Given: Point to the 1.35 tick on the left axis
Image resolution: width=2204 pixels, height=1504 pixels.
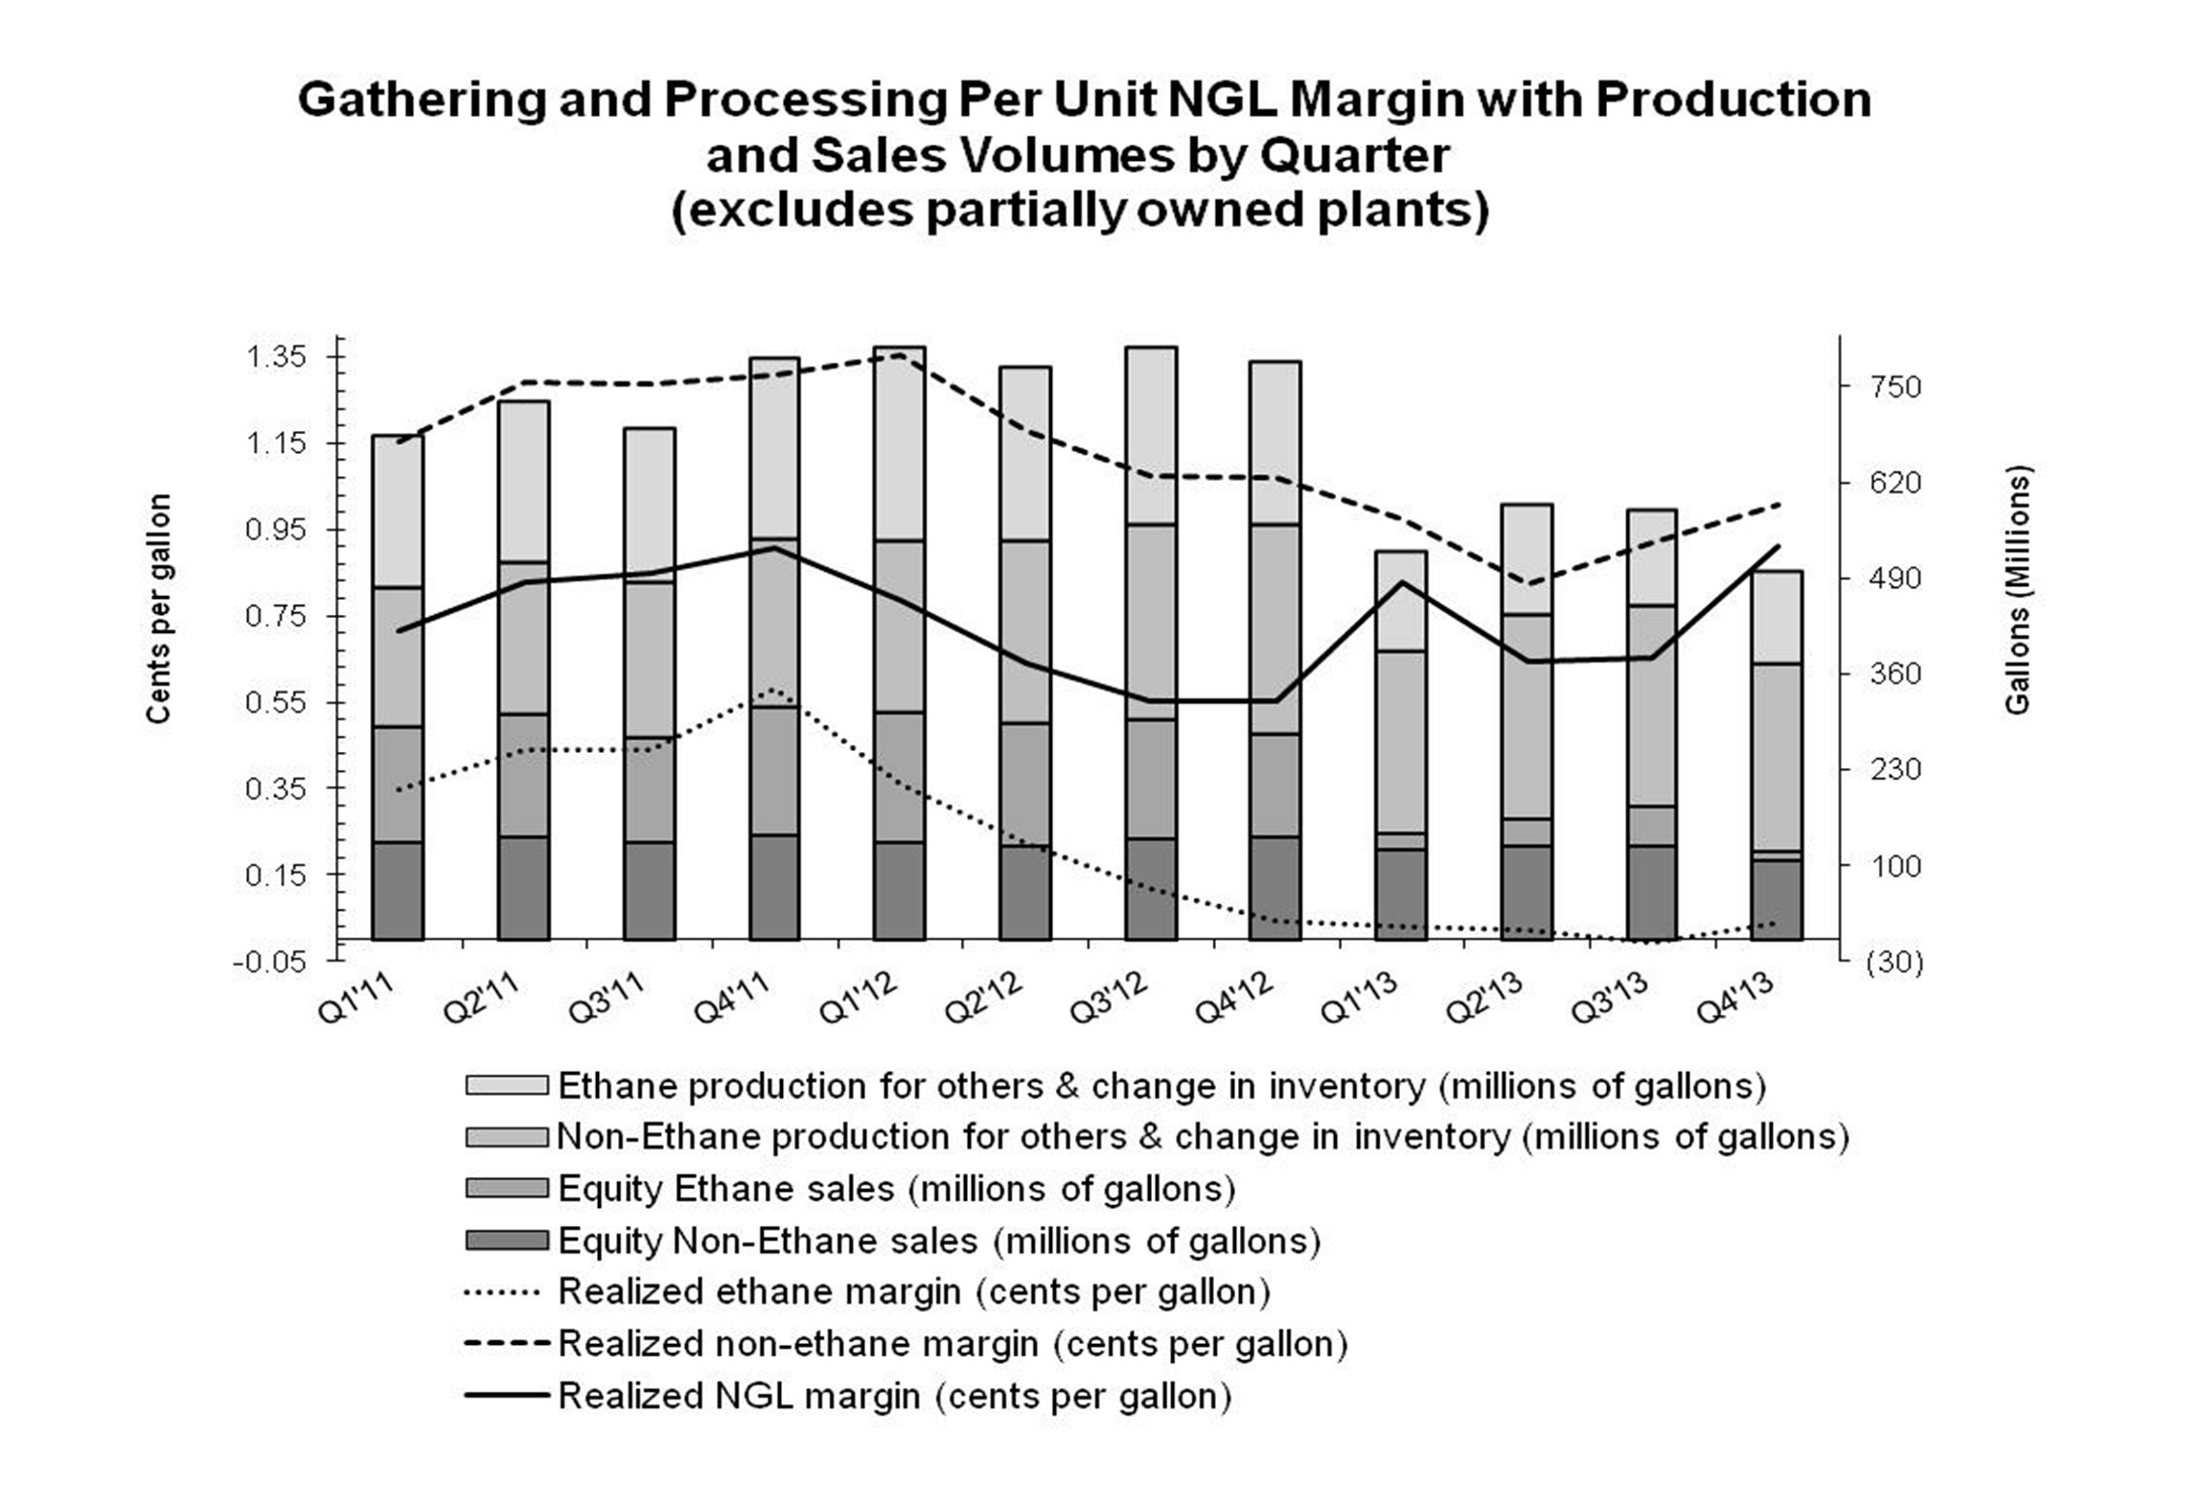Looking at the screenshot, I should coord(277,357).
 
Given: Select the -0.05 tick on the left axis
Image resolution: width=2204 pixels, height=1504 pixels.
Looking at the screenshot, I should coord(269,962).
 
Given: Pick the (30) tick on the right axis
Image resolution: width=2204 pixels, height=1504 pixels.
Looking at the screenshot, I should coord(1894,962).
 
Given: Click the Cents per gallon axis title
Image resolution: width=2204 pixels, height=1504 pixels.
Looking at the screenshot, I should coord(158,608).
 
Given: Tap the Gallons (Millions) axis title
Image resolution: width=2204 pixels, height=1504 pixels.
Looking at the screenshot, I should coord(2017,589).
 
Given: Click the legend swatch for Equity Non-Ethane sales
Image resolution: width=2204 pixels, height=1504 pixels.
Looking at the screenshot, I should coord(507,1241).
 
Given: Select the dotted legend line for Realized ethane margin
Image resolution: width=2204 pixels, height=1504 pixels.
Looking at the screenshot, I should coord(503,1292).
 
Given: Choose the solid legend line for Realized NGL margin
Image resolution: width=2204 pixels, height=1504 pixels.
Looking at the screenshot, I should coord(507,1396).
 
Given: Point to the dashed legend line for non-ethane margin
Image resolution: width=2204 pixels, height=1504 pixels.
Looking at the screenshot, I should coord(507,1344).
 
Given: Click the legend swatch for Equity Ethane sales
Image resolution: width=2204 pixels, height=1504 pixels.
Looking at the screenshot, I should coord(507,1189).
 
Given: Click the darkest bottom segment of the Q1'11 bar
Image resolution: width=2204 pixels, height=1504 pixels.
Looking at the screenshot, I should coord(398,891).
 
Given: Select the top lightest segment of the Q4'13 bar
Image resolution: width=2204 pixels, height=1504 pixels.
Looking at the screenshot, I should coord(1777,617).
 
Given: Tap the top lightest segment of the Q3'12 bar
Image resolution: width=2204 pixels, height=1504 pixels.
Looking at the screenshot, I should coord(1151,436).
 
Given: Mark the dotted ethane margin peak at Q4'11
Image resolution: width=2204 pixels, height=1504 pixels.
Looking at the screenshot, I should coord(773,689).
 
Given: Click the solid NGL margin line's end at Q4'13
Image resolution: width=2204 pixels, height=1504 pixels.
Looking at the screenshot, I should coord(1779,546).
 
